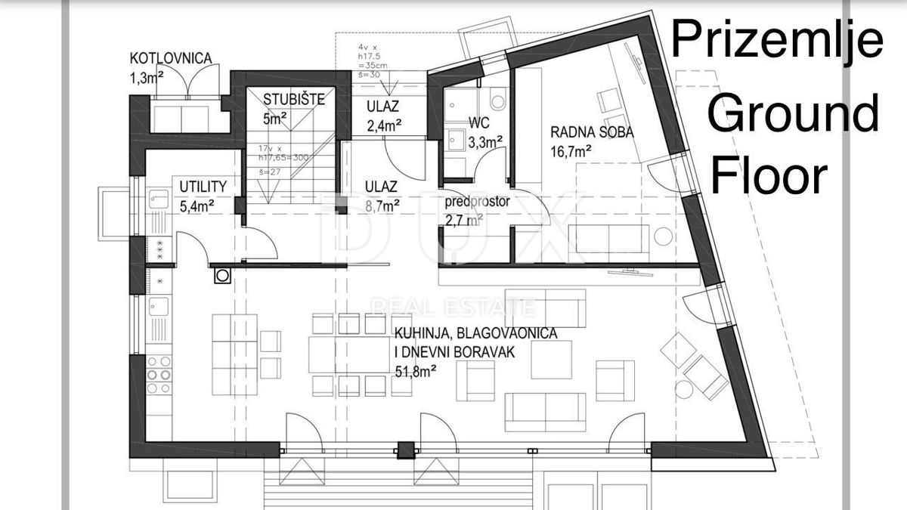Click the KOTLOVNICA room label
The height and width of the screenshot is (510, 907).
pyautogui.click(x=170, y=57)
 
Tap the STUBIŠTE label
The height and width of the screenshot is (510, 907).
pyautogui.click(x=293, y=99)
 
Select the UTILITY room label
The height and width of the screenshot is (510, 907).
pyautogui.click(x=203, y=186)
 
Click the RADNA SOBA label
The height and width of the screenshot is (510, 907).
pyautogui.click(x=592, y=132)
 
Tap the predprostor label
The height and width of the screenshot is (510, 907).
pyautogui.click(x=478, y=202)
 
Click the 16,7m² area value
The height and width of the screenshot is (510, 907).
pyautogui.click(x=571, y=151)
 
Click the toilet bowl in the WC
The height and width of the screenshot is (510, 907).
pyautogui.click(x=497, y=100)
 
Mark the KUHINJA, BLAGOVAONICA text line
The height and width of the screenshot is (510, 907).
pyautogui.click(x=475, y=333)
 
